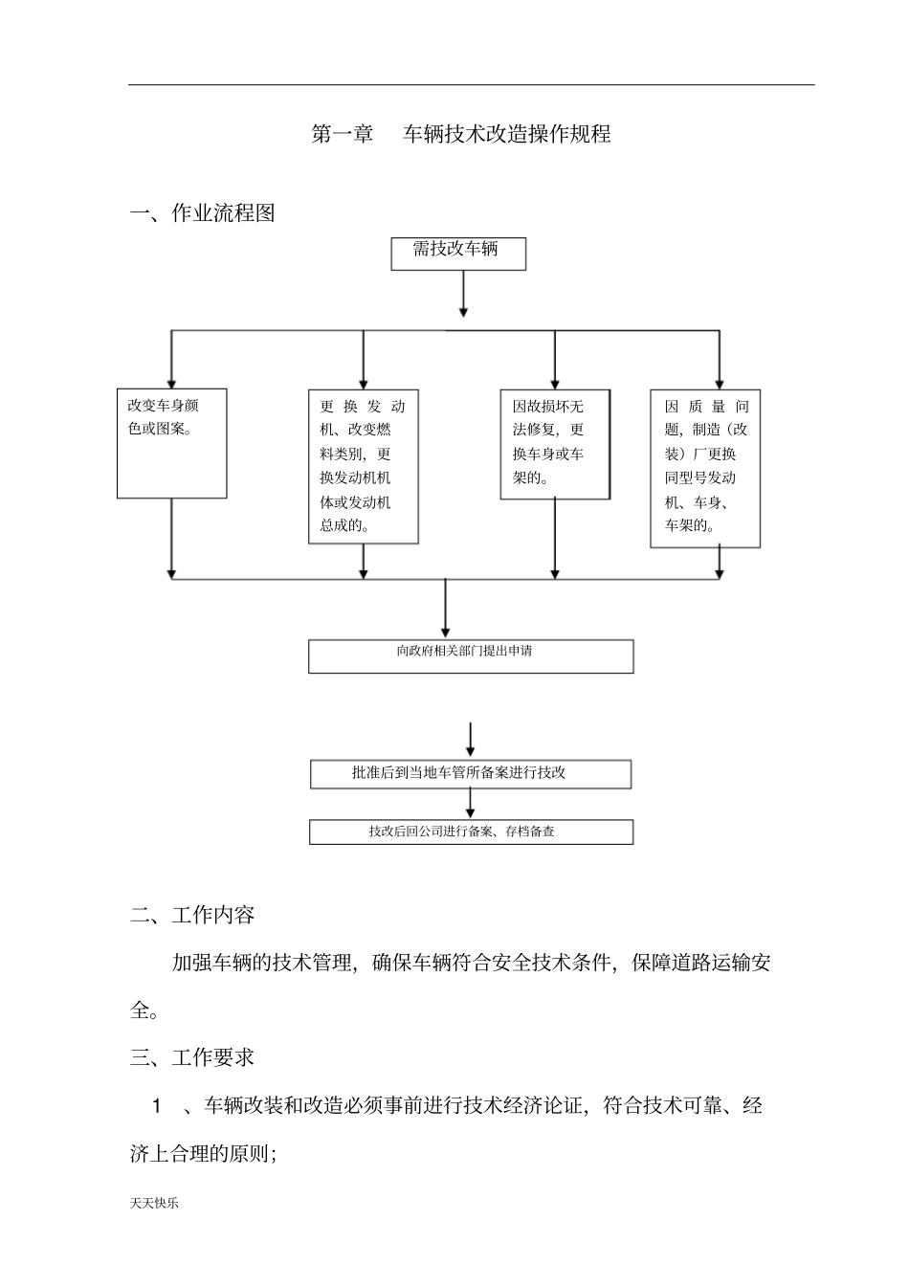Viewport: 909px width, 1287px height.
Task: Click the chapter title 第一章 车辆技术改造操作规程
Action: click(461, 135)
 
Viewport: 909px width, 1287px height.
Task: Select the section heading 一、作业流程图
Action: click(203, 213)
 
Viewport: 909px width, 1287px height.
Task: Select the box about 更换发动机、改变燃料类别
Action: click(363, 466)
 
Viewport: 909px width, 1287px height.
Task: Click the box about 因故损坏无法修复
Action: click(555, 444)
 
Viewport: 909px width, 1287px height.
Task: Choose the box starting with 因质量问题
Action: click(705, 468)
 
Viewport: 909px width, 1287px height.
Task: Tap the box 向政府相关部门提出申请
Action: click(470, 655)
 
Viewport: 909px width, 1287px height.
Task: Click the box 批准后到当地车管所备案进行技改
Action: click(470, 773)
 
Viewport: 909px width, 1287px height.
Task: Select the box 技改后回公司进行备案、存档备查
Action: click(470, 832)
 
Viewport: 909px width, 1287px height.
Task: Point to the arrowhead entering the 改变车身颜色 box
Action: click(171, 382)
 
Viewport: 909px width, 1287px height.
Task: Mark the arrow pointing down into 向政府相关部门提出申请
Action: click(446, 627)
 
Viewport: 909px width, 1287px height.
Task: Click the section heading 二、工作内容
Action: click(193, 916)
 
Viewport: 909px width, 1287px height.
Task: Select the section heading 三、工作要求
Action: click(193, 1057)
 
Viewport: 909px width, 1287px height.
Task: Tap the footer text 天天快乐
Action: click(154, 1203)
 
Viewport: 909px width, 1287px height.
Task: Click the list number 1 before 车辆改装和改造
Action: click(157, 1106)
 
